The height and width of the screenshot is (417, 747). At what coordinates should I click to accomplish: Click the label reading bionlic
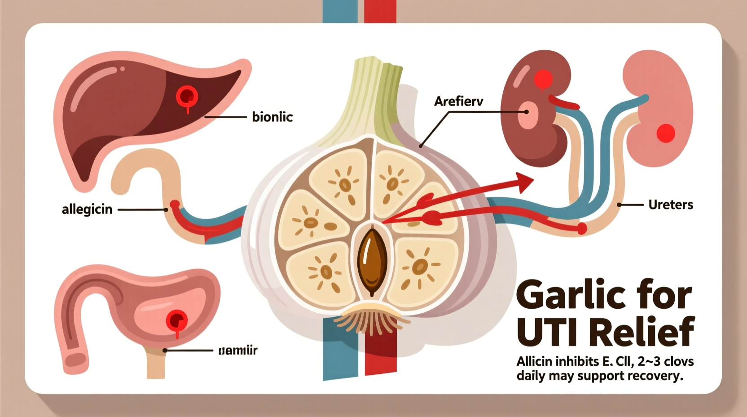272,117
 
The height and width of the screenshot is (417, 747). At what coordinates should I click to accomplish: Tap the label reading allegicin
87,209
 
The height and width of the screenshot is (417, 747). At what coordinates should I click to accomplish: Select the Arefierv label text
458,101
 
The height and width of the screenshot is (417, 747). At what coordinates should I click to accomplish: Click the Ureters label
671,205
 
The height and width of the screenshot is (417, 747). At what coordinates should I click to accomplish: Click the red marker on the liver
187,96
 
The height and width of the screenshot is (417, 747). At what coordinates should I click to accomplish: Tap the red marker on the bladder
176,321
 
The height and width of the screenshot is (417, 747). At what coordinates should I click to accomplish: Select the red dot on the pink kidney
665,133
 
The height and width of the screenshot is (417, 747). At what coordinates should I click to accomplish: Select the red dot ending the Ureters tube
582,229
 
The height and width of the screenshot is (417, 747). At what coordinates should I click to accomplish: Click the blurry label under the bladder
237,350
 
